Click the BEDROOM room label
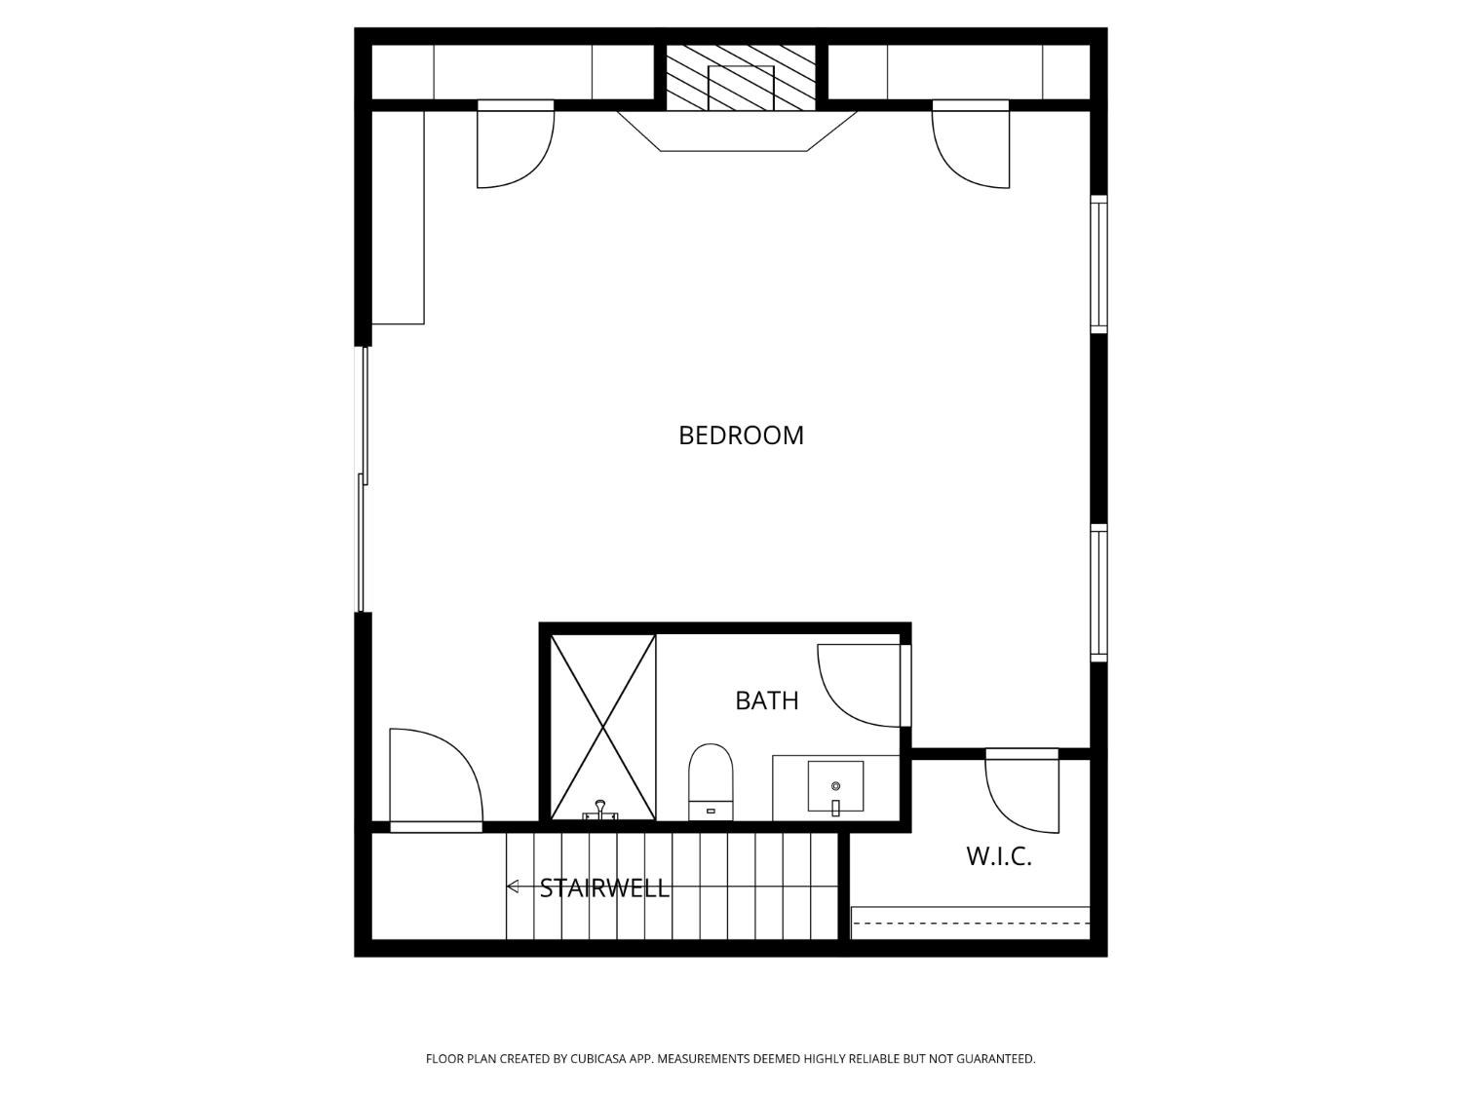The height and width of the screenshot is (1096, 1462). pyautogui.click(x=741, y=435)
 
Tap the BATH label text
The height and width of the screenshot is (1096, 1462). pyautogui.click(x=767, y=700)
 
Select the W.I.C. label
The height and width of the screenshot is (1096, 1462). pyautogui.click(x=999, y=857)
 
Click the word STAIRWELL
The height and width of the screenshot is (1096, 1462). pyautogui.click(x=604, y=888)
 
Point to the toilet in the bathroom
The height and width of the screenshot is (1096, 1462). pyautogui.click(x=711, y=782)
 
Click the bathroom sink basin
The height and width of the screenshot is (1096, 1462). pyautogui.click(x=835, y=786)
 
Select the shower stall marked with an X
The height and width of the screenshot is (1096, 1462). pyautogui.click(x=602, y=728)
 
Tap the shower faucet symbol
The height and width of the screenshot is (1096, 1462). pyautogui.click(x=600, y=812)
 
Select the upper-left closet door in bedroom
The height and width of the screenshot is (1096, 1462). pyautogui.click(x=516, y=144)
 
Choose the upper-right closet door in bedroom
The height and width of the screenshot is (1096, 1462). pyautogui.click(x=971, y=144)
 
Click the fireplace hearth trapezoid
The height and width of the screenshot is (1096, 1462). pyautogui.click(x=737, y=132)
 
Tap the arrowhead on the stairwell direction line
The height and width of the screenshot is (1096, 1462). pyautogui.click(x=513, y=887)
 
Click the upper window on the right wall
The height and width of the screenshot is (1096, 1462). pyautogui.click(x=1098, y=263)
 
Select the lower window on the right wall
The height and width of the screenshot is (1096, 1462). pyautogui.click(x=1098, y=593)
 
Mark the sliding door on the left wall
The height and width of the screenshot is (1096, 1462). pyautogui.click(x=363, y=479)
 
